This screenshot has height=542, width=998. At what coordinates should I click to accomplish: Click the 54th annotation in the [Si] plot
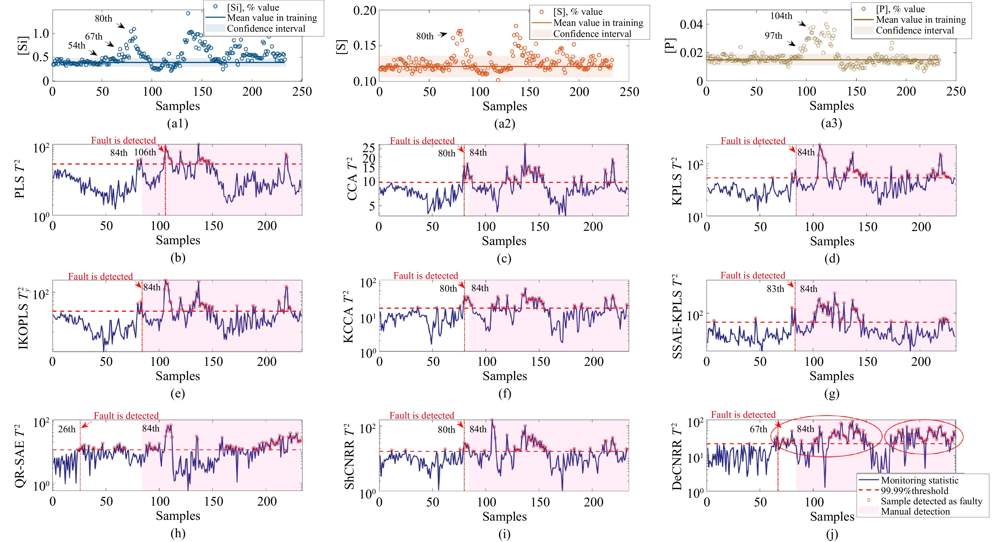click(77, 46)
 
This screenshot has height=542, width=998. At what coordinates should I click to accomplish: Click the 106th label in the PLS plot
click(145, 152)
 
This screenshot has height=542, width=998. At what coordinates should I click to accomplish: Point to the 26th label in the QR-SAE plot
click(67, 429)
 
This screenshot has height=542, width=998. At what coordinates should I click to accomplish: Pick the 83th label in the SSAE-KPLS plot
click(775, 289)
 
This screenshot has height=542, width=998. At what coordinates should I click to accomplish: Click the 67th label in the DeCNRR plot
click(758, 429)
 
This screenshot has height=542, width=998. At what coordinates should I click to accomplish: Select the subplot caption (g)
click(831, 394)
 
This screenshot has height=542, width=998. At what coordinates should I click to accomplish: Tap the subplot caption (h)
click(178, 534)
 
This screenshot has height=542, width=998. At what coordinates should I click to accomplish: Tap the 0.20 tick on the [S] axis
click(365, 11)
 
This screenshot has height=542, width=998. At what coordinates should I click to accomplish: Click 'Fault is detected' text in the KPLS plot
click(753, 141)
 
